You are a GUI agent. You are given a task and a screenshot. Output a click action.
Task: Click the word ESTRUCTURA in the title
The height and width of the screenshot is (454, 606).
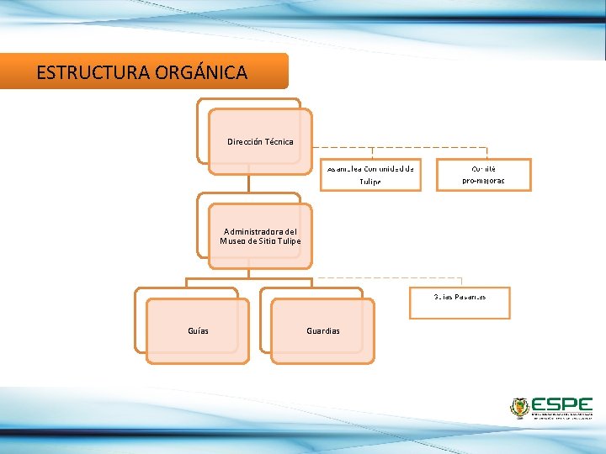point(93,72)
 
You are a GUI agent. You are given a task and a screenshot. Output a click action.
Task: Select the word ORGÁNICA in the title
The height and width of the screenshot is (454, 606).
point(201,72)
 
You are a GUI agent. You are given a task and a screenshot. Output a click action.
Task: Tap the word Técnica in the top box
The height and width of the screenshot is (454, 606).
point(279,141)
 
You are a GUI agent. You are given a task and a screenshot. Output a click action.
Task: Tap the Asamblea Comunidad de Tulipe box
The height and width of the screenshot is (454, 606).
point(370,175)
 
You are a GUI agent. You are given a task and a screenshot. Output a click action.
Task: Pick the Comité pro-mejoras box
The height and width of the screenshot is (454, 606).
point(484,175)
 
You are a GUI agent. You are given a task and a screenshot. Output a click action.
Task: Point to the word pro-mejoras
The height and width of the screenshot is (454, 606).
point(484,181)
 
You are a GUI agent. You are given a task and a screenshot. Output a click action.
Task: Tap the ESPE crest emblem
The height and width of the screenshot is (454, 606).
point(519,408)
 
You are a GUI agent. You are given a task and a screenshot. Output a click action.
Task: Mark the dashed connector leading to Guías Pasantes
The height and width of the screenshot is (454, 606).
point(387,277)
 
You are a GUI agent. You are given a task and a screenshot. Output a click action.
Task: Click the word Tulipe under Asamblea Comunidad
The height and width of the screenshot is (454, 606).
point(370,182)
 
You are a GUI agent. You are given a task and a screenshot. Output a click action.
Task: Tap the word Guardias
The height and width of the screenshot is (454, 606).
point(323,330)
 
